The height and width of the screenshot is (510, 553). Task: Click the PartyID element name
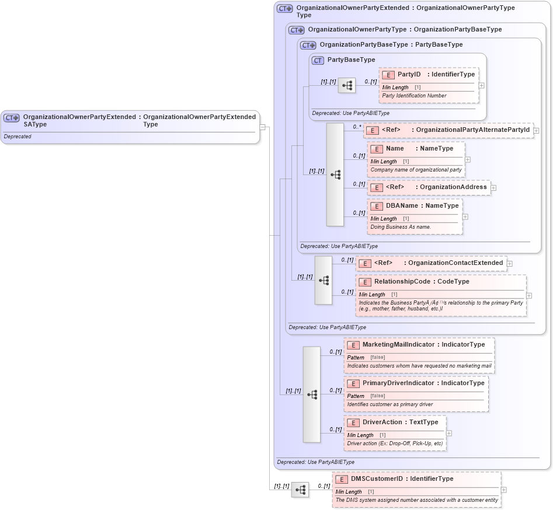(409, 75)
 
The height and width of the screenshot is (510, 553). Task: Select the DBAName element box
(415, 216)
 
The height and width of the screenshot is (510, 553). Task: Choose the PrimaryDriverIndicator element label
(398, 383)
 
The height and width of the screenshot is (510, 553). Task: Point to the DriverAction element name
(382, 422)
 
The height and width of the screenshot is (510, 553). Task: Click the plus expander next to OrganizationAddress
(493, 188)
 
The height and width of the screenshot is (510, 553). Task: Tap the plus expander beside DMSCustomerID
(504, 490)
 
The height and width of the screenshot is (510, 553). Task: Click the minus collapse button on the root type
(263, 127)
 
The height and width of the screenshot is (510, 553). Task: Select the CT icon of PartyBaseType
(318, 60)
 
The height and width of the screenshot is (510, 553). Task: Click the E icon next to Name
(376, 149)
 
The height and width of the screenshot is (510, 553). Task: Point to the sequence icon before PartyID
(347, 86)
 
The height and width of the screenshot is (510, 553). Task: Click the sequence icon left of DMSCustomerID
(300, 490)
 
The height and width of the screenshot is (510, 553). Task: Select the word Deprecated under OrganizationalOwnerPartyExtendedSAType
(18, 137)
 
